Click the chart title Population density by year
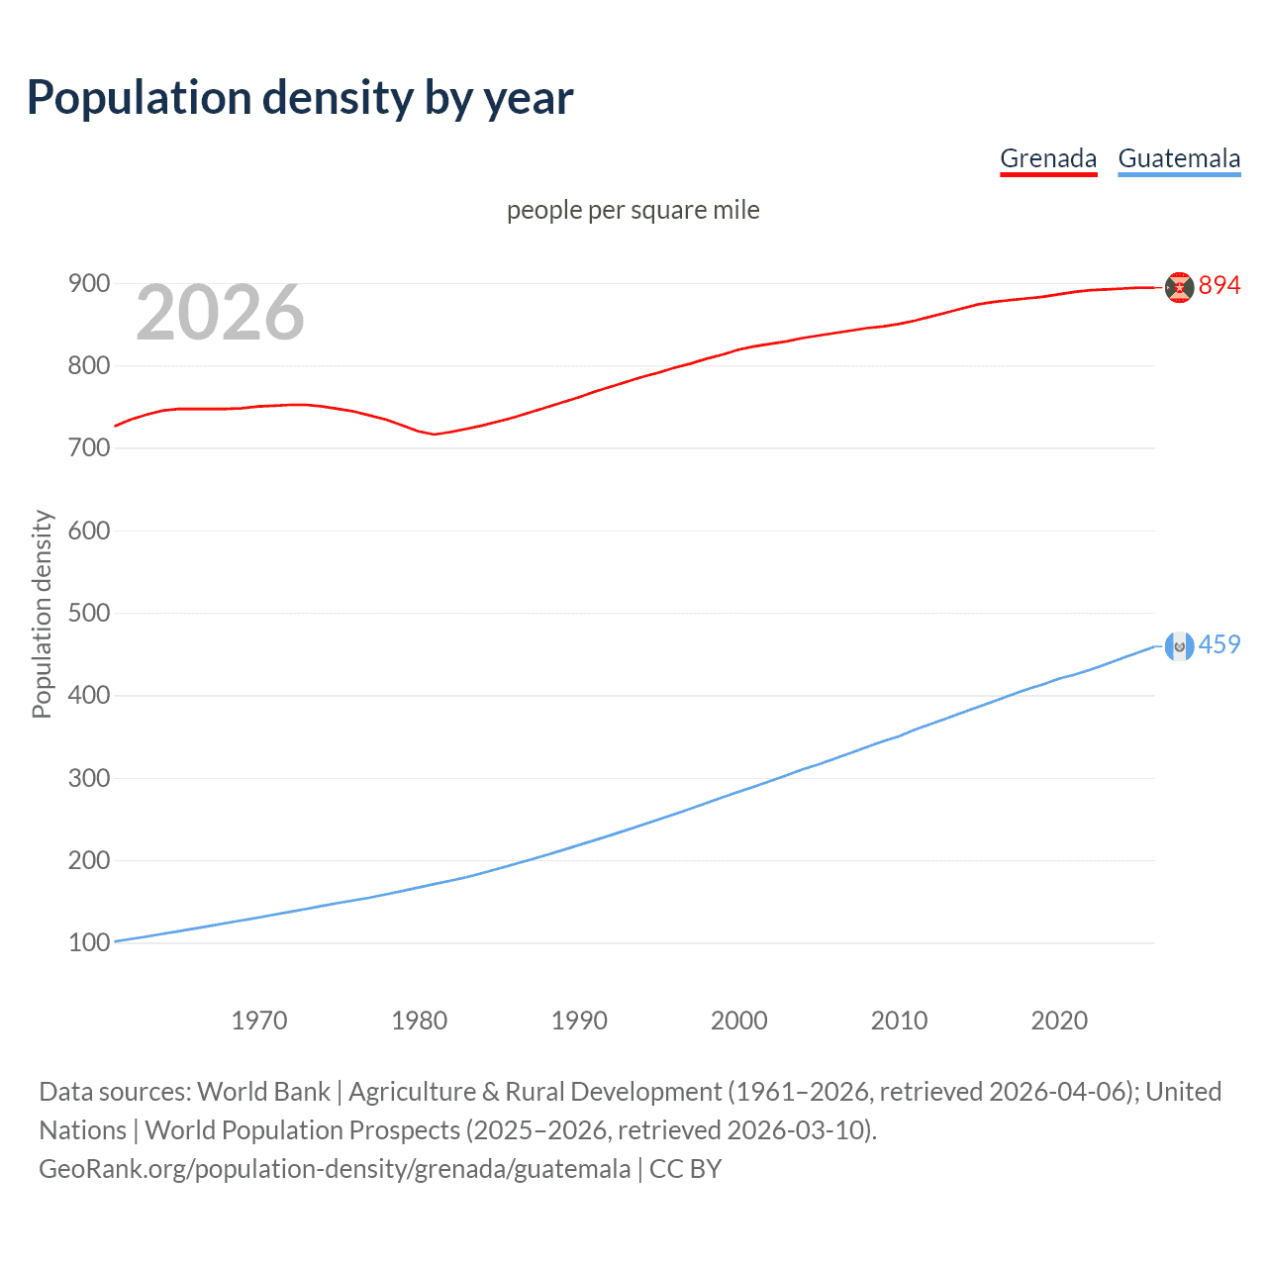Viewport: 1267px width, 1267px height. point(300,97)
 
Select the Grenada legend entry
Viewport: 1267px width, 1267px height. point(1048,158)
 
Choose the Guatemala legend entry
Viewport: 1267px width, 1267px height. point(1179,158)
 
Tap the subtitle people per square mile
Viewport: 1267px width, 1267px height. point(633,210)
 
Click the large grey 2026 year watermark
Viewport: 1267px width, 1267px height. point(220,313)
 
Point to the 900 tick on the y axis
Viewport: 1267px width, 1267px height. point(88,284)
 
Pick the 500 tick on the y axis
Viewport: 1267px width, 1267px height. point(88,613)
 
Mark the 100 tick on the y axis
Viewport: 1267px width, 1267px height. point(88,942)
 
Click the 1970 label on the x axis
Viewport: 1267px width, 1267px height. point(259,1021)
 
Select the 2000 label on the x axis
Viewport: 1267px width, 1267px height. point(739,1021)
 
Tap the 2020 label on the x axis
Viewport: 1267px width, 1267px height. point(1059,1021)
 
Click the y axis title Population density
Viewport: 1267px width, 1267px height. point(42,614)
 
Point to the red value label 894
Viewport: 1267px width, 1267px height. point(1219,286)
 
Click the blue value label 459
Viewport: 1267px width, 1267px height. point(1219,644)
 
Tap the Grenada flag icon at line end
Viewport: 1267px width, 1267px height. point(1179,287)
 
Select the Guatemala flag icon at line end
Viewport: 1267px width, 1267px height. point(1179,646)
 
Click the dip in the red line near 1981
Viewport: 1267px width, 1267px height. point(434,435)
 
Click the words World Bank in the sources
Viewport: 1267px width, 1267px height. point(263,1092)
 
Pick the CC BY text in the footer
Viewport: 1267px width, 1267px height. point(685,1169)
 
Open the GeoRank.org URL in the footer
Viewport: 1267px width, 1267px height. point(335,1169)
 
